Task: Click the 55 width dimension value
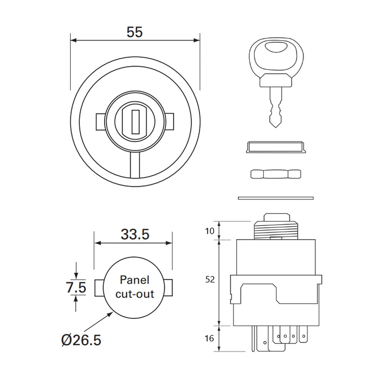135,32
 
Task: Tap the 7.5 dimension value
76,288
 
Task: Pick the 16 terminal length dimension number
209,339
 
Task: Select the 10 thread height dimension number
209,231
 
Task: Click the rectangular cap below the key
275,147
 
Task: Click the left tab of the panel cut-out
98,288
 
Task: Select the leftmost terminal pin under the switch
253,339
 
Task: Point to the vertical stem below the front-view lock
135,164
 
